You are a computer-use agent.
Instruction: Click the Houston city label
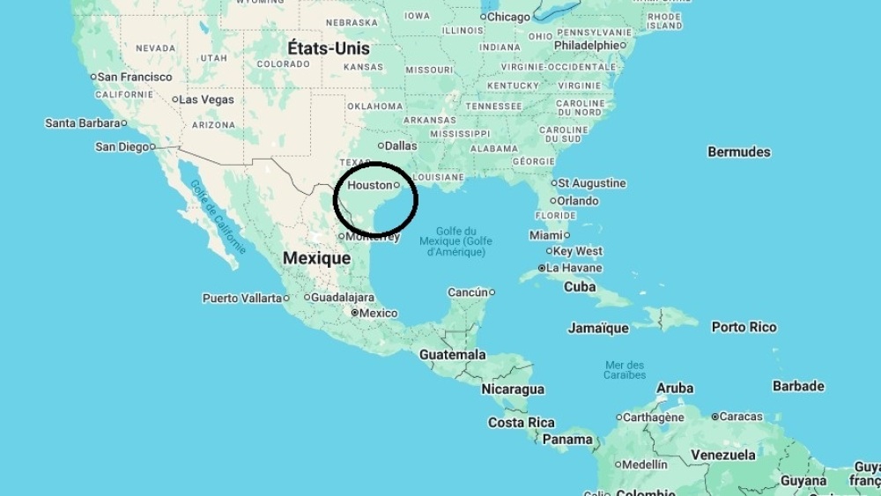pyautogui.click(x=369, y=185)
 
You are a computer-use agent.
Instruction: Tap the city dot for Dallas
pyautogui.click(x=381, y=145)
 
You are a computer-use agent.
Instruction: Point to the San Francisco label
pyautogui.click(x=134, y=77)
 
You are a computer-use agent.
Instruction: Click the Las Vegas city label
pyautogui.click(x=206, y=100)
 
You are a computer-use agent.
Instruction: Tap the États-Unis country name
pyautogui.click(x=329, y=48)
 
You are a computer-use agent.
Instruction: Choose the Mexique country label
pyautogui.click(x=316, y=258)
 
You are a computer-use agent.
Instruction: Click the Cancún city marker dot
pyautogui.click(x=492, y=292)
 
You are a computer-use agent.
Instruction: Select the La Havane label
pyautogui.click(x=574, y=268)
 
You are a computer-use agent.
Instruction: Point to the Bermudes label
pyautogui.click(x=738, y=152)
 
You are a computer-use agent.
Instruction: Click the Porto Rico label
pyautogui.click(x=744, y=327)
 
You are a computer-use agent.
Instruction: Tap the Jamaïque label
pyautogui.click(x=598, y=328)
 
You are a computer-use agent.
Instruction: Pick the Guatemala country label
pyautogui.click(x=452, y=354)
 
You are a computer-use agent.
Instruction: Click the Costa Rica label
pyautogui.click(x=522, y=423)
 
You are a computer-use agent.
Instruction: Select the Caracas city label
pyautogui.click(x=742, y=416)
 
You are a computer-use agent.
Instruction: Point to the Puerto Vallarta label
pyautogui.click(x=241, y=298)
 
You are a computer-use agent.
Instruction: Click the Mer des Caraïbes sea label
pyautogui.click(x=625, y=370)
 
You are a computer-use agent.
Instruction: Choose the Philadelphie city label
pyautogui.click(x=587, y=45)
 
